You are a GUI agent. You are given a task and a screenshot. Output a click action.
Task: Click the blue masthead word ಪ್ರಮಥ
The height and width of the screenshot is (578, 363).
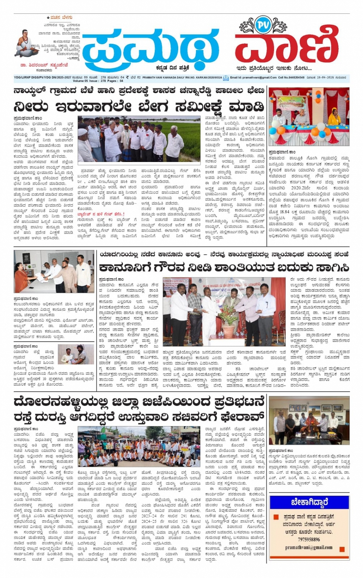150,46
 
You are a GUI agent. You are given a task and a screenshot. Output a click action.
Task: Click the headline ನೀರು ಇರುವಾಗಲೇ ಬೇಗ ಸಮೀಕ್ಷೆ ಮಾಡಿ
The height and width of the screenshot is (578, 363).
139,106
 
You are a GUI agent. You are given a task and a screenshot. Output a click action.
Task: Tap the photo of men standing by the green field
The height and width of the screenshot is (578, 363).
139,139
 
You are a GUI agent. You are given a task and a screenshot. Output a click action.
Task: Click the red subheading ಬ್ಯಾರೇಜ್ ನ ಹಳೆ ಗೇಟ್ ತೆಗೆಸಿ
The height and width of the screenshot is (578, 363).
101,214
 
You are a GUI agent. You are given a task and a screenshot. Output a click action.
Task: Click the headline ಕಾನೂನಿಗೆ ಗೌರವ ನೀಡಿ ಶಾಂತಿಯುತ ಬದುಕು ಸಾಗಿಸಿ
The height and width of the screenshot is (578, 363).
224,267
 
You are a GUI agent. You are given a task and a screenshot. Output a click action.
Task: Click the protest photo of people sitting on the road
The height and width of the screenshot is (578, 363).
139,446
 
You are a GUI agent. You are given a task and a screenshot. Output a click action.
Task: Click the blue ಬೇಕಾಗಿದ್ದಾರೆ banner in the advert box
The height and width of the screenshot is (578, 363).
309,503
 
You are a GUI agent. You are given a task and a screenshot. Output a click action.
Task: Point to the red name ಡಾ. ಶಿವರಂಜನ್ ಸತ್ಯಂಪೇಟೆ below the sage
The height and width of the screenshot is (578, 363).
45,65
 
